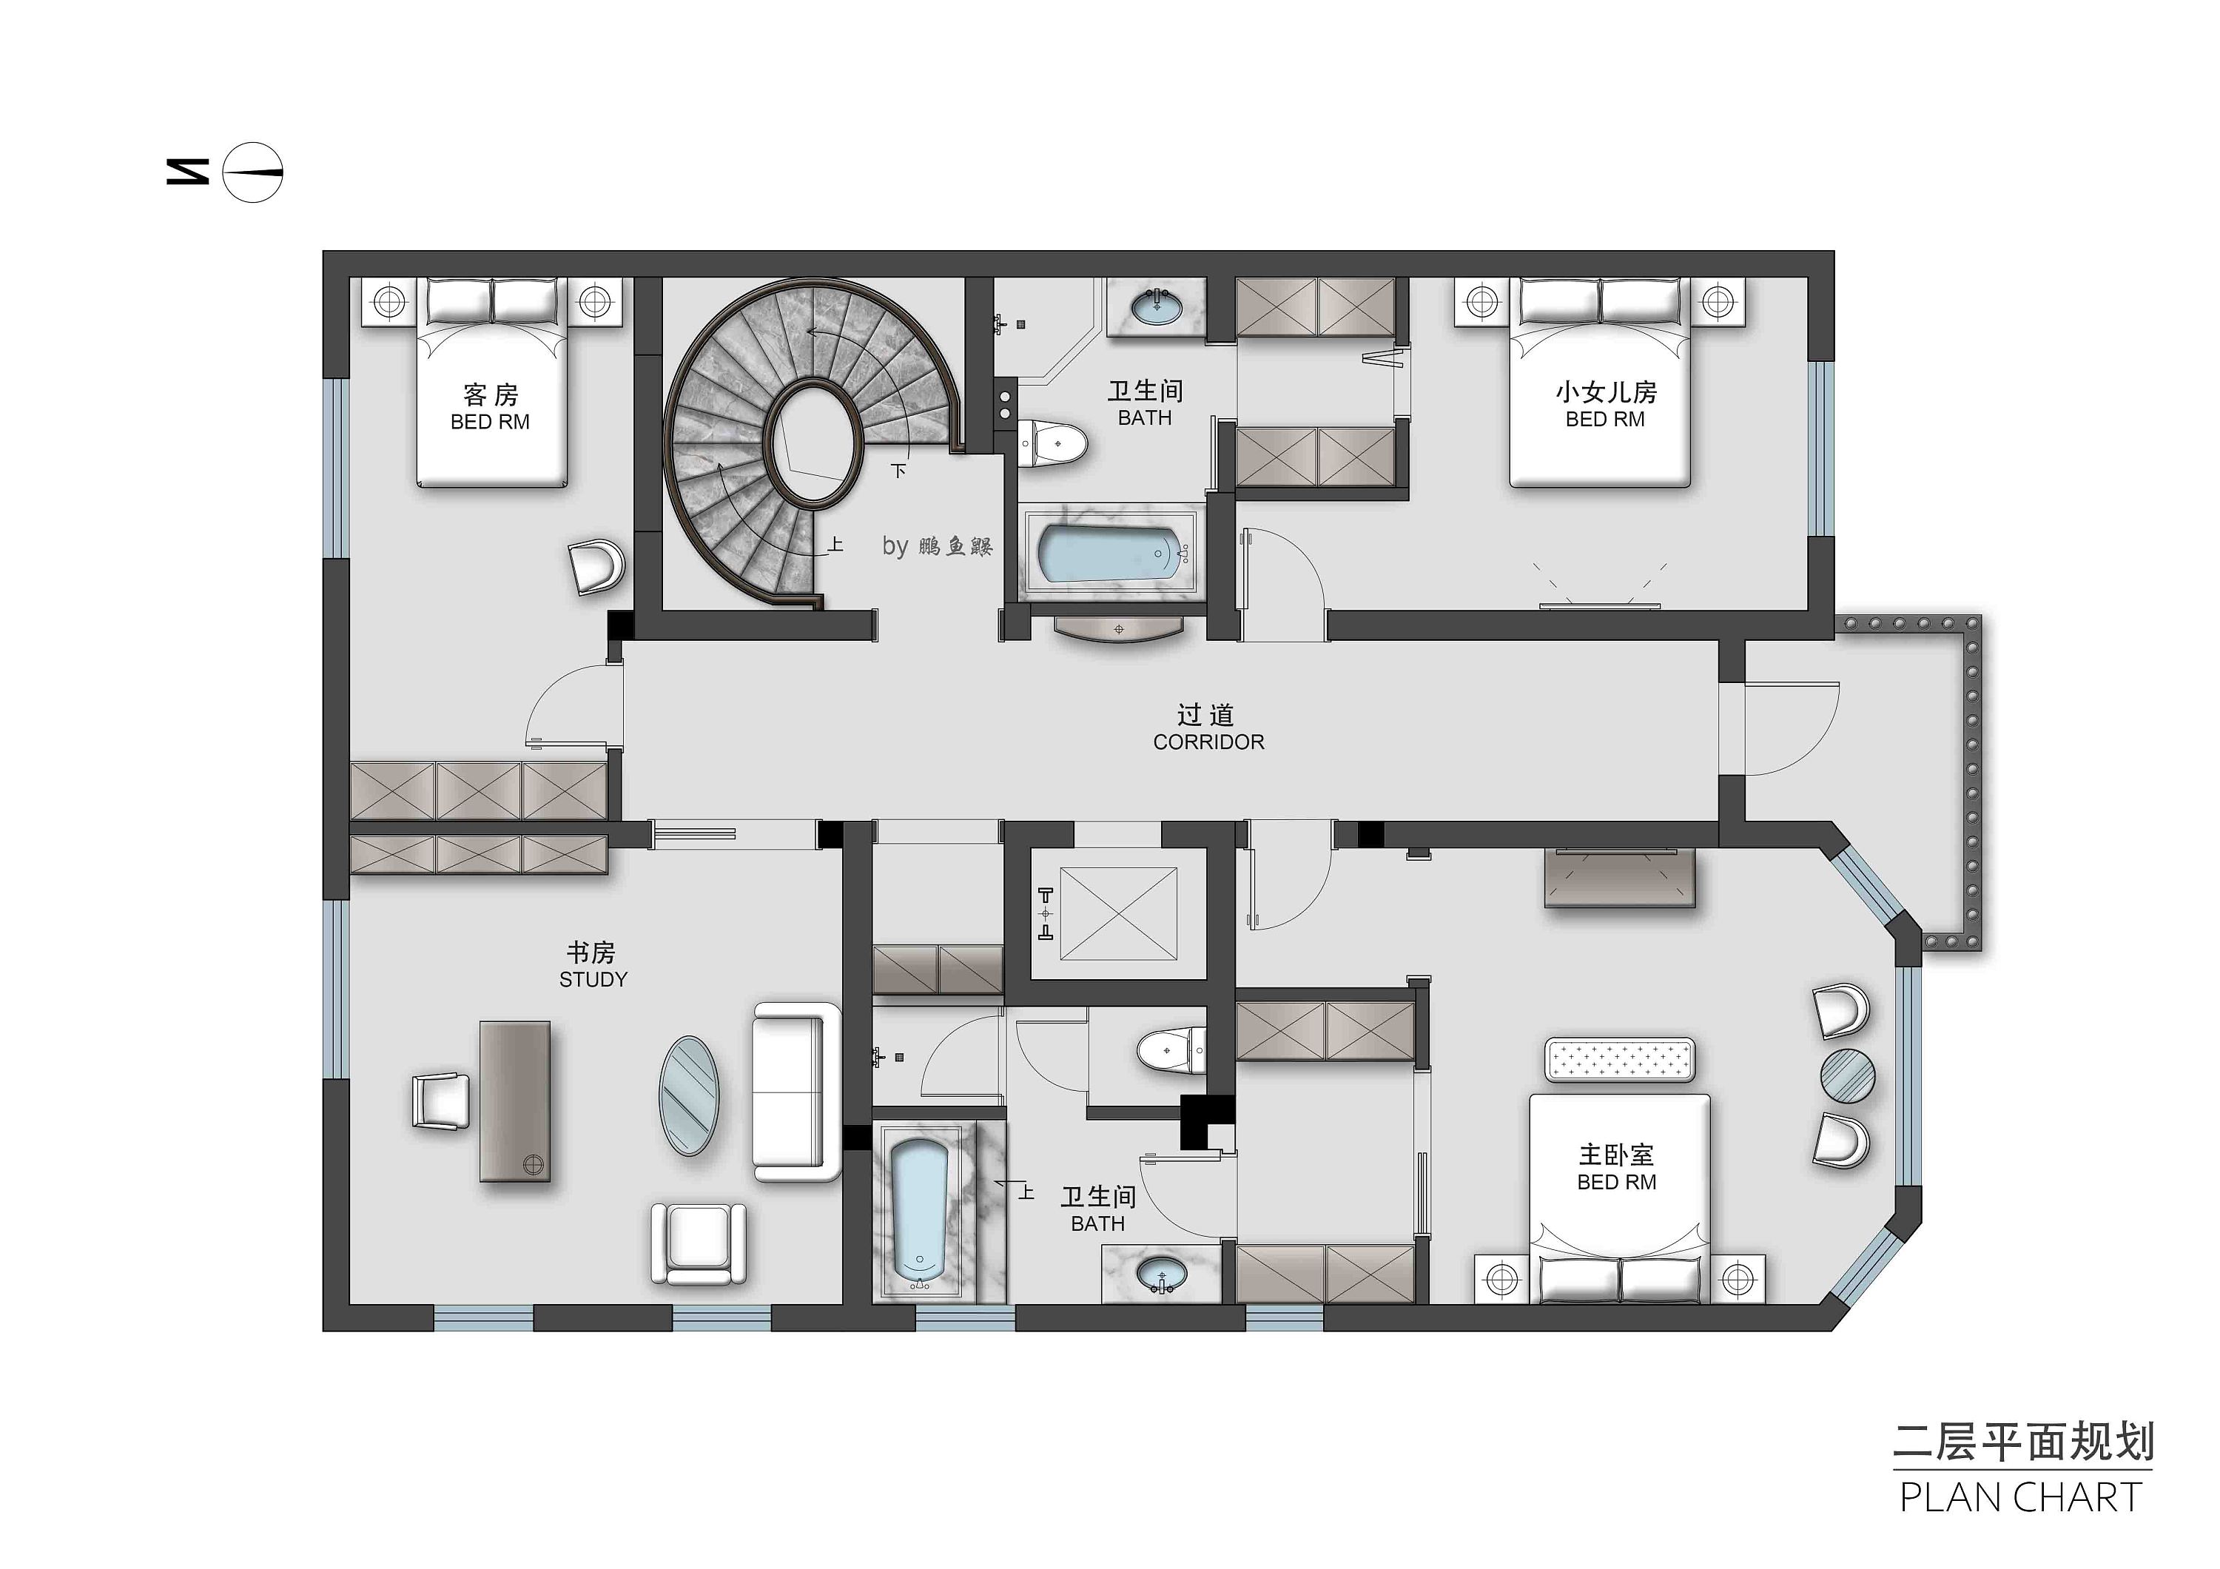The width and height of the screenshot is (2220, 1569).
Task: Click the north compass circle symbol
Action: coord(252,172)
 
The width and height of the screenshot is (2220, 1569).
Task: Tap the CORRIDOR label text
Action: coord(1208,742)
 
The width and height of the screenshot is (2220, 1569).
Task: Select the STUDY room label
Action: coord(593,979)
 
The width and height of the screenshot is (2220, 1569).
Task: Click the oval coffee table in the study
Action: coord(690,1095)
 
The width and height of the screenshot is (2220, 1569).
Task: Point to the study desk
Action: coord(515,1101)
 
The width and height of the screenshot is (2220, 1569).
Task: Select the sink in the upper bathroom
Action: coord(1157,306)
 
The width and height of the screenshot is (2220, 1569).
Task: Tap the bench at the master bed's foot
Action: coord(1620,1061)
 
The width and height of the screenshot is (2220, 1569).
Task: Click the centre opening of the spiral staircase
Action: coord(815,441)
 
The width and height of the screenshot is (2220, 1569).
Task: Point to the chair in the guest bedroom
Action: coord(596,568)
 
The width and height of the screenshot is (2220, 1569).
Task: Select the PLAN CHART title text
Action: coord(2022,1497)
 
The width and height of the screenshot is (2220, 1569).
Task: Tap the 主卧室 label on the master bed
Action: coord(1617,1155)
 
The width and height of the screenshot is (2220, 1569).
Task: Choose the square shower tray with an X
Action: coord(1119,913)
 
